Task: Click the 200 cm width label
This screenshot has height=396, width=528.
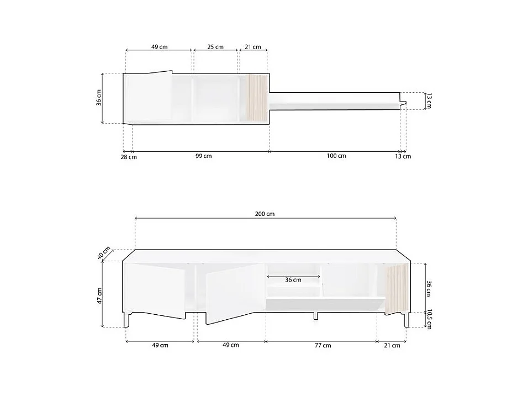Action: coord(265,214)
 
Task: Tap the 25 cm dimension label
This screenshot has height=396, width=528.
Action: coord(215,47)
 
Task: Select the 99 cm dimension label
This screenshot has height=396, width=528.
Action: coord(204,156)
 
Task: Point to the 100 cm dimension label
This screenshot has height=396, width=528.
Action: coord(336,156)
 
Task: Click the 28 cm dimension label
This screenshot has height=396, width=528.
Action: coord(129,157)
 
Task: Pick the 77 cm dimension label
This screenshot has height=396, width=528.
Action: coord(323,346)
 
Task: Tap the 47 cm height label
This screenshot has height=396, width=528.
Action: coord(99,295)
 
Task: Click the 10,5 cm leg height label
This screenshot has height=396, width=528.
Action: coord(429,319)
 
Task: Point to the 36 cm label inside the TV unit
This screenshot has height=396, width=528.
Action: coord(293,280)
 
